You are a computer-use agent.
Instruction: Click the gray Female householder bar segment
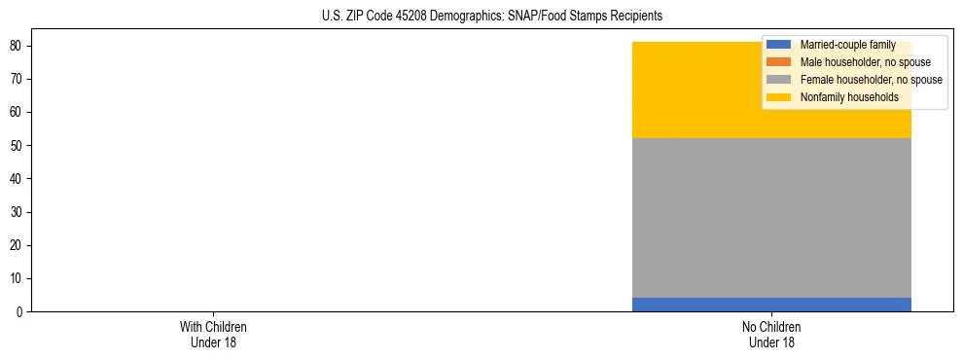click(x=771, y=218)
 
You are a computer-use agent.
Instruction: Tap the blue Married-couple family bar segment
click(x=771, y=305)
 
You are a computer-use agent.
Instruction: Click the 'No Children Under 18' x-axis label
click(x=771, y=335)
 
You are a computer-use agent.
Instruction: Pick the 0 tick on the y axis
click(x=18, y=312)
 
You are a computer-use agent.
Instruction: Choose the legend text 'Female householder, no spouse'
click(x=871, y=80)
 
